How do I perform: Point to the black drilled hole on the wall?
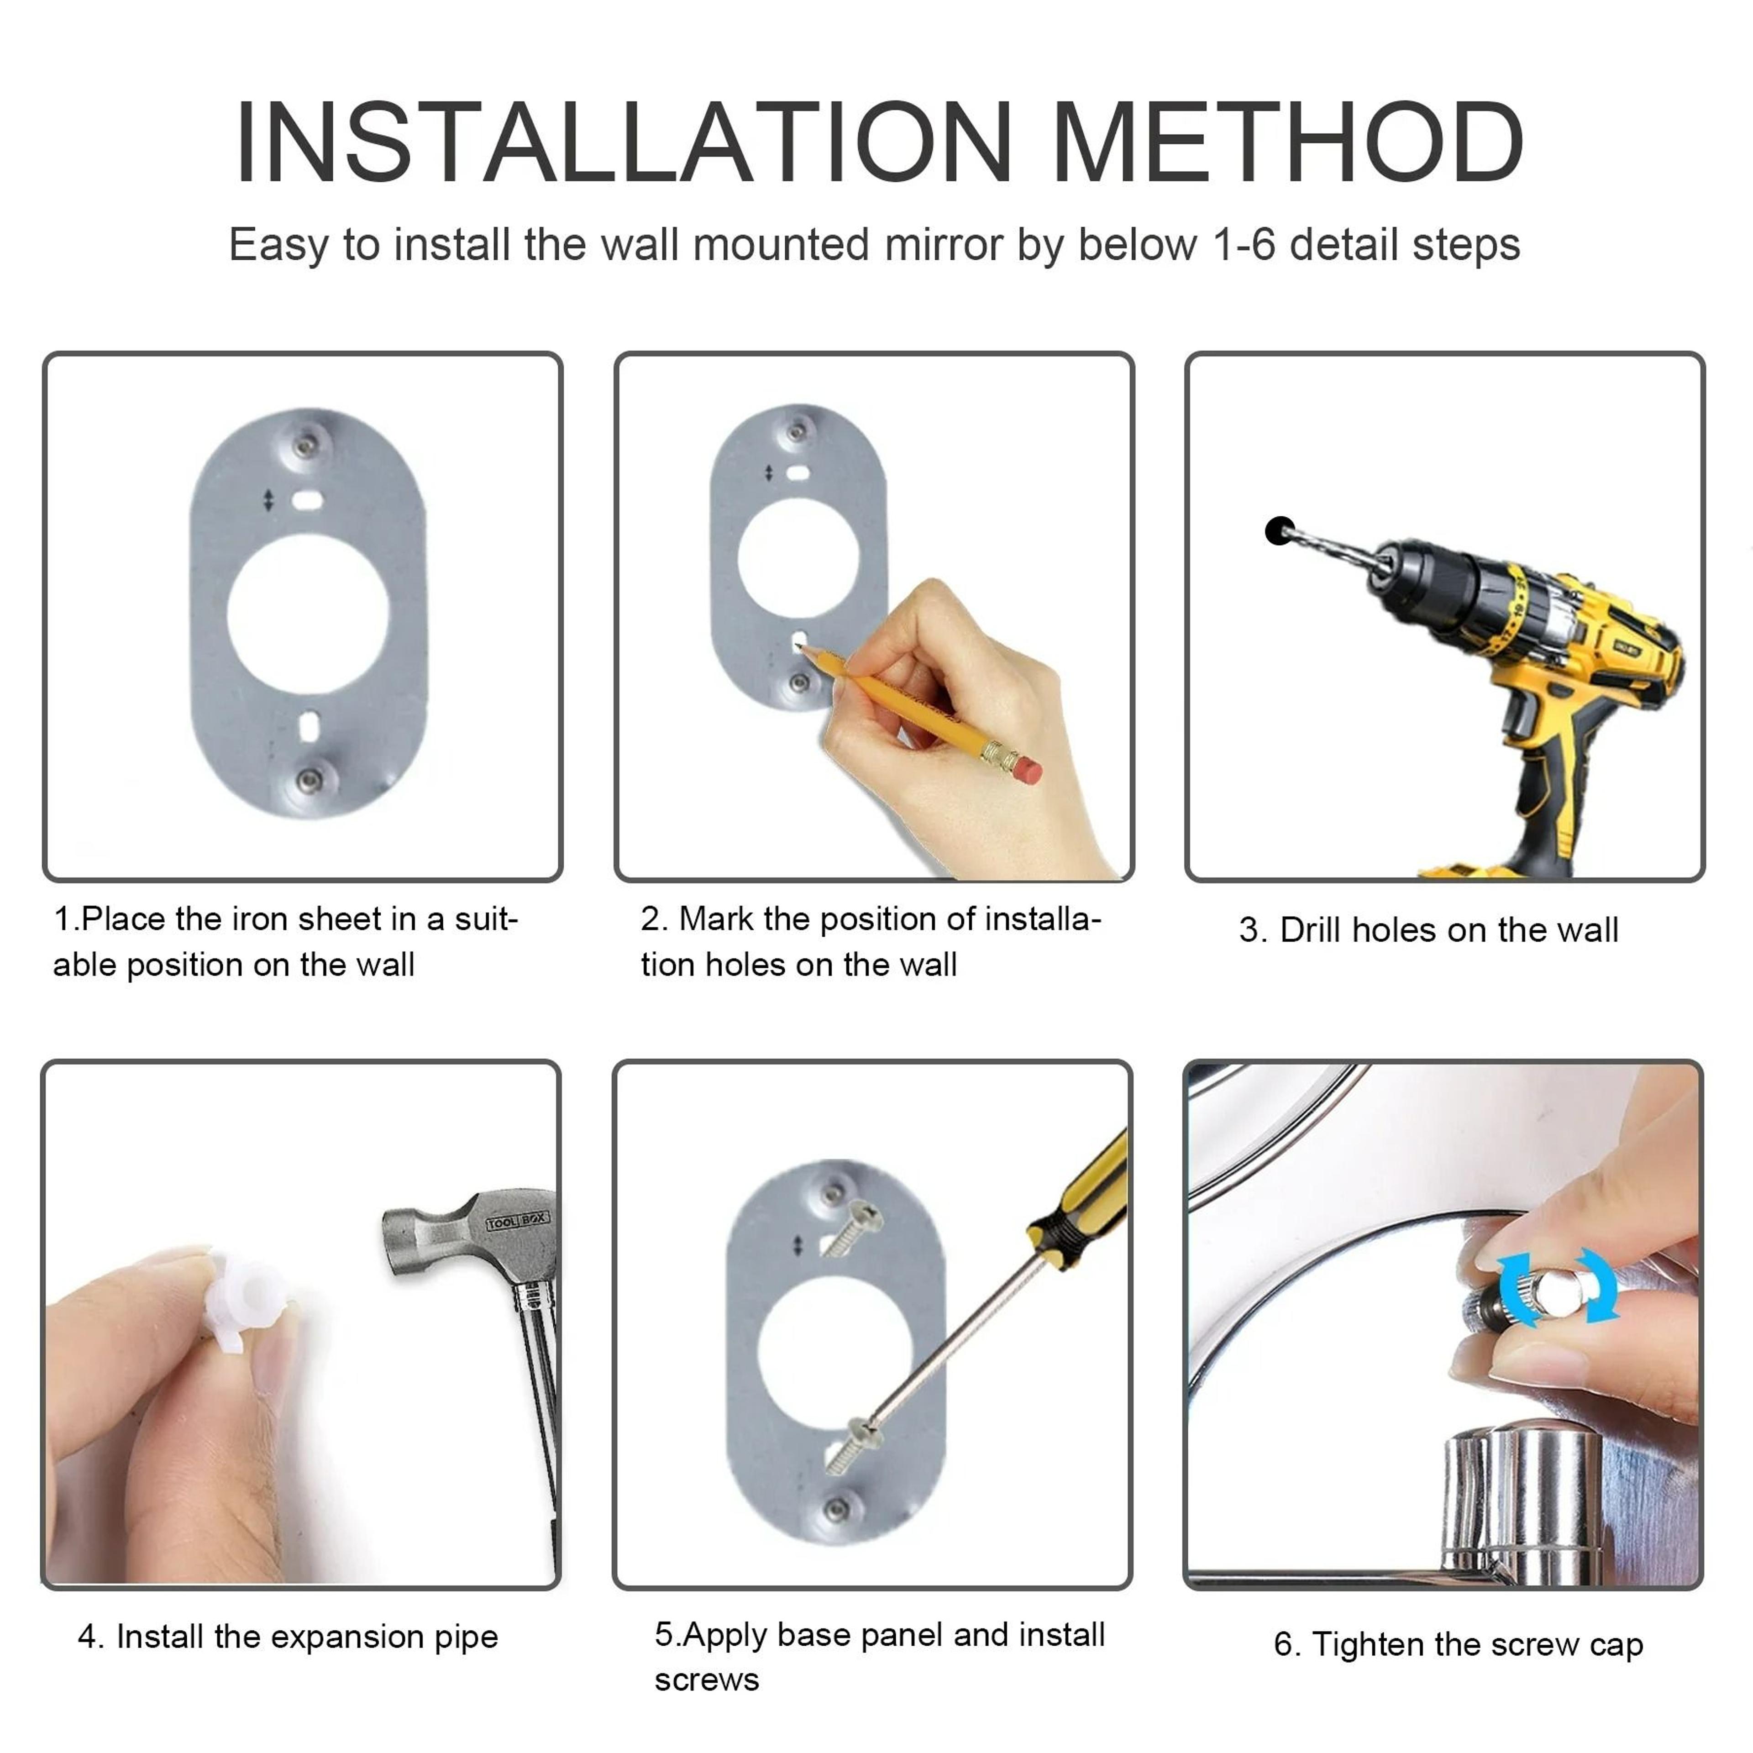tap(1279, 531)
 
